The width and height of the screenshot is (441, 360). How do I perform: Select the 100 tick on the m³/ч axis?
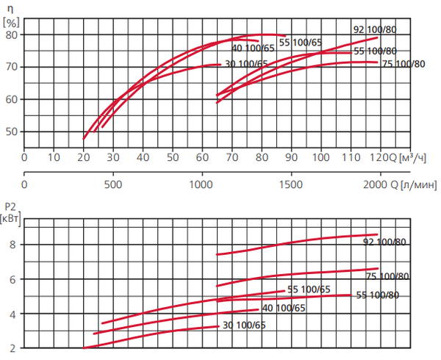[321, 156]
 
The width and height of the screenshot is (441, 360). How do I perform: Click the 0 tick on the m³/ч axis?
[24, 156]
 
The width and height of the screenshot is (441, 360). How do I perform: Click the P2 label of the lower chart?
[10, 206]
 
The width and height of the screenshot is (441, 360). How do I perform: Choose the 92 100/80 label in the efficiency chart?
[375, 29]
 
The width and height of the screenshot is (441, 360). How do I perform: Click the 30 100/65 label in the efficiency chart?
[245, 64]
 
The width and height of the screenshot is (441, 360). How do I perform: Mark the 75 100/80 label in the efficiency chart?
[404, 64]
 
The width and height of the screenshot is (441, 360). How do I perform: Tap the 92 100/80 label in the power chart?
[385, 242]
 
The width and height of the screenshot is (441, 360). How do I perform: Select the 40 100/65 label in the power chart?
[283, 308]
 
